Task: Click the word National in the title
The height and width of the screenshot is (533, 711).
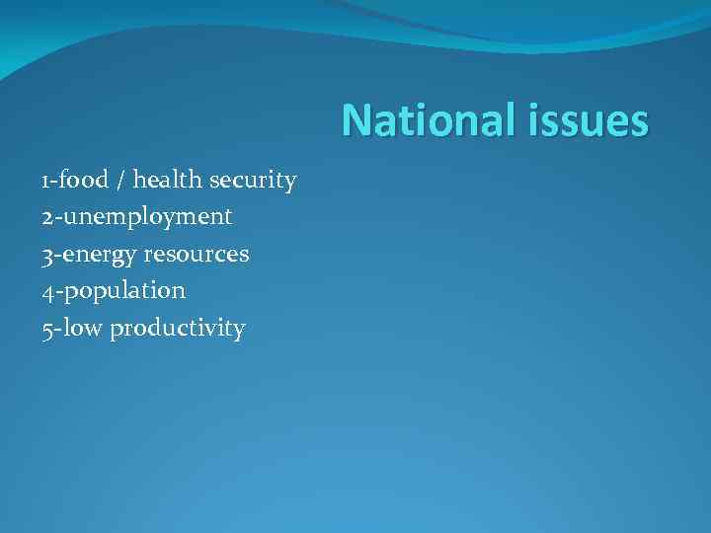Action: pyautogui.click(x=425, y=121)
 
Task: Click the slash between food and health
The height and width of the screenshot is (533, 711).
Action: pyautogui.click(x=120, y=181)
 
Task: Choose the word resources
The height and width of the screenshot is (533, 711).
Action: pyautogui.click(x=196, y=255)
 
